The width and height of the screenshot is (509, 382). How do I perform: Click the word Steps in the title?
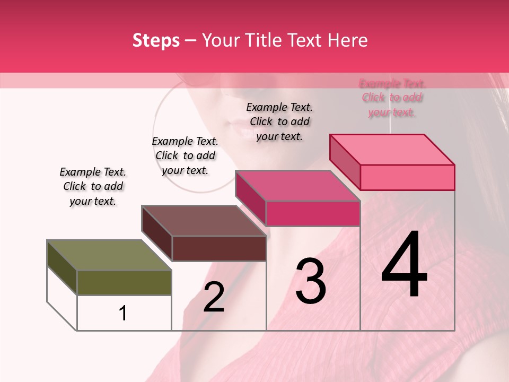click(x=156, y=40)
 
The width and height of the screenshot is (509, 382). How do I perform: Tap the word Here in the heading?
click(x=348, y=40)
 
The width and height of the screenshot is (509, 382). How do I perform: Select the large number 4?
click(x=405, y=265)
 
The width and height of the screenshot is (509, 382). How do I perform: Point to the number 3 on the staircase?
click(x=310, y=281)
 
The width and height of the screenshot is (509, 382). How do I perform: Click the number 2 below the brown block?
click(x=214, y=297)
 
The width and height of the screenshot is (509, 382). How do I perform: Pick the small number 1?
click(x=123, y=313)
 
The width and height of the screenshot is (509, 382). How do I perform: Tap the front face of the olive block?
click(x=124, y=282)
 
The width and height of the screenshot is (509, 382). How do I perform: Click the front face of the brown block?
click(x=219, y=248)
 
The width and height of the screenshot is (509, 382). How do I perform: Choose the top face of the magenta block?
click(x=297, y=186)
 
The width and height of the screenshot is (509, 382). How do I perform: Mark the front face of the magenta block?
click(x=313, y=213)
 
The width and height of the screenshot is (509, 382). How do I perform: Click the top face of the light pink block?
click(x=392, y=149)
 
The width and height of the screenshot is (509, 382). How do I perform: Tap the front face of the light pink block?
click(x=407, y=177)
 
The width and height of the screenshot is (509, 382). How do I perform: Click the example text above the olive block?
click(x=93, y=186)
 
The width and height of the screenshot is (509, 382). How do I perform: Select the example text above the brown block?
click(x=185, y=155)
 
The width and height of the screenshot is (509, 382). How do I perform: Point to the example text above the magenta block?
click(x=279, y=121)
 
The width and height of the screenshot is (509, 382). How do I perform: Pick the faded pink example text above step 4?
click(x=392, y=98)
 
